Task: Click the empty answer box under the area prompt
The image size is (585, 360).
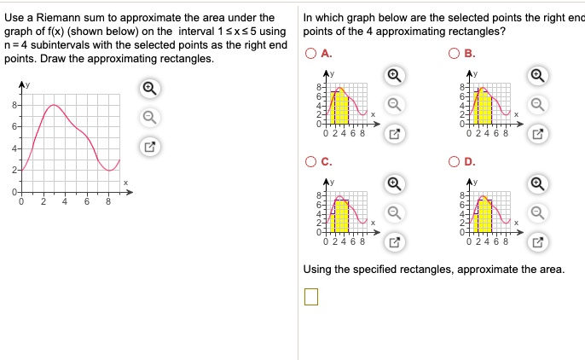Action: click(x=310, y=296)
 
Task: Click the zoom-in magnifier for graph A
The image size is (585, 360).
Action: click(x=394, y=75)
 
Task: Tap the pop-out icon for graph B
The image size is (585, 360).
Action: click(x=537, y=133)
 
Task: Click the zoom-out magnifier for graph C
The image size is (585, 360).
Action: click(x=394, y=211)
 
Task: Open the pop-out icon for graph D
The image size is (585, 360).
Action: click(x=537, y=241)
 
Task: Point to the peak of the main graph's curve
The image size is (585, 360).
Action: click(x=54, y=105)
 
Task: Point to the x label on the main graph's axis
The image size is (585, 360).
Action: click(x=125, y=183)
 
